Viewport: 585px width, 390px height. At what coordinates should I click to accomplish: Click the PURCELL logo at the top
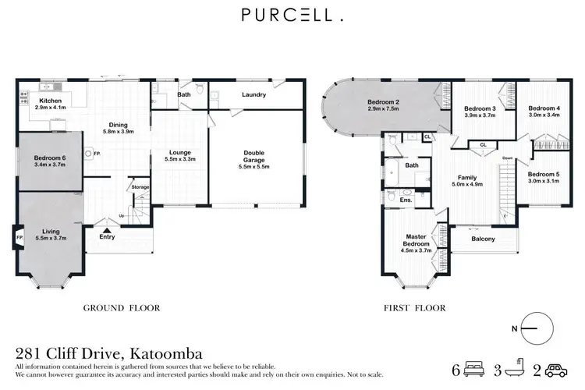292,15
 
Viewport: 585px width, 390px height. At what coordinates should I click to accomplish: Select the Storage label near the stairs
140,187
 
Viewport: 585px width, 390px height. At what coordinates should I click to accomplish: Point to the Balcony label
483,239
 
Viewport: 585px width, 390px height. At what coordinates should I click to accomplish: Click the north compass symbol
535,329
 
